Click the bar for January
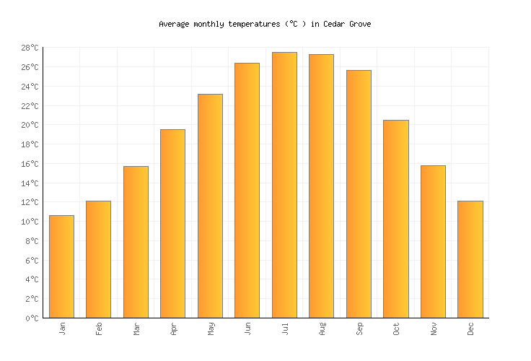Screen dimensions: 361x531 coord(61,266)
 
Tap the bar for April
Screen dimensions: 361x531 coord(172,223)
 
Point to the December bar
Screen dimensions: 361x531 coord(470,259)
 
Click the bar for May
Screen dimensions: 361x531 coord(210,206)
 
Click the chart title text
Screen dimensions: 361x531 coord(265,24)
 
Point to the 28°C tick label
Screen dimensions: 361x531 coord(30,48)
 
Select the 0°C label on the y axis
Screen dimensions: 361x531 coord(32,318)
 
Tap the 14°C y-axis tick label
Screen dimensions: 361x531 coord(30,183)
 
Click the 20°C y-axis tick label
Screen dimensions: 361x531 coord(30,126)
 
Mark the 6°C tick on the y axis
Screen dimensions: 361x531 coord(32,261)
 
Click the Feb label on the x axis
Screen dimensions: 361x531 coord(99,329)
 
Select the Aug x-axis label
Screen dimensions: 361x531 coord(322,329)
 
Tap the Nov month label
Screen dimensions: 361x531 coord(433,329)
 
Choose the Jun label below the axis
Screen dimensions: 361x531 coord(247,329)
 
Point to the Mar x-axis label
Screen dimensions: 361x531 coord(136,329)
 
